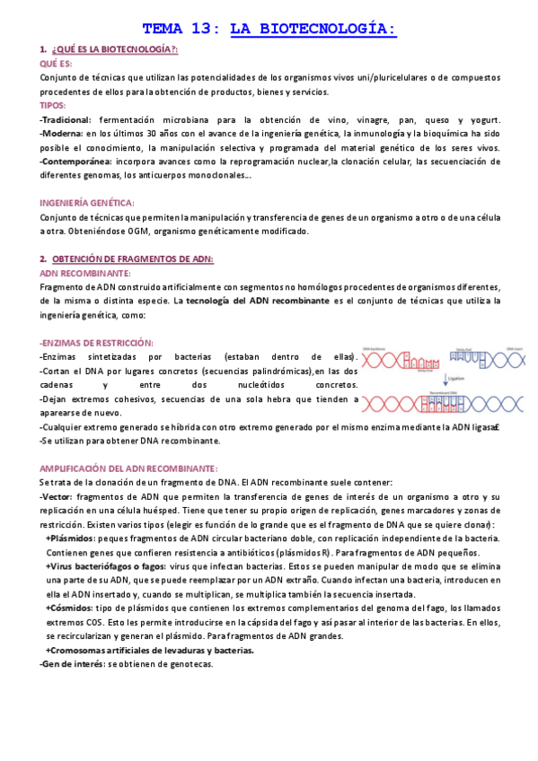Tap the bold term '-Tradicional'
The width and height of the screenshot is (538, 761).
tap(65, 119)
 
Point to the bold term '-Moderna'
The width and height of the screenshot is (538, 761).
tap(60, 134)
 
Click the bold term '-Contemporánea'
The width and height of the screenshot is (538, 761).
tap(76, 162)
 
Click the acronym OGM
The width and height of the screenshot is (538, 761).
tap(139, 232)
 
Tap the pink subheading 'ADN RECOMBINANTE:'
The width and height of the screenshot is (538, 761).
tap(85, 273)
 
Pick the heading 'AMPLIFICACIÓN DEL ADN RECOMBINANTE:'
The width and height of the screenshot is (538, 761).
tap(129, 468)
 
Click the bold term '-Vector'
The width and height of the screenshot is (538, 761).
tap(56, 496)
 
